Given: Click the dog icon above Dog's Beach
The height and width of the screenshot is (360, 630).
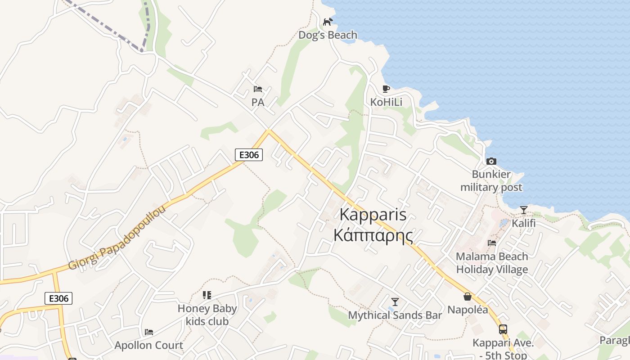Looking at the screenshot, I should (328, 22).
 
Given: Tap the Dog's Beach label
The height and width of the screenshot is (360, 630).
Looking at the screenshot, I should (328, 35).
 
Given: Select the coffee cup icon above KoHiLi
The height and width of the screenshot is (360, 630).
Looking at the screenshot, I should (386, 89).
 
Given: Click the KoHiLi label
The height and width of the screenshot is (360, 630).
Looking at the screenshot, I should (386, 102).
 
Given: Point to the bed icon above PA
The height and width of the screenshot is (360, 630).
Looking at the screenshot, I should (258, 89).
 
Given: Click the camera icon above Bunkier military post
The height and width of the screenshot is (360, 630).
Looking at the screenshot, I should (491, 161).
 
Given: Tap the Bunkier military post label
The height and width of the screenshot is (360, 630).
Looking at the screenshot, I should (491, 181).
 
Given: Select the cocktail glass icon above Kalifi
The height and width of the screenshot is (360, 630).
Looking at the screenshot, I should (524, 210).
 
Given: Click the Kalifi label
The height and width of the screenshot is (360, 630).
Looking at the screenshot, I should (524, 223).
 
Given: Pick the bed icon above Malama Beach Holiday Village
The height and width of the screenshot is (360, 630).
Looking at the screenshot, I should (492, 243).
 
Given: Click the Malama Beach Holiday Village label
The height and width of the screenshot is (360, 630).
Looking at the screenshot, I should (492, 263).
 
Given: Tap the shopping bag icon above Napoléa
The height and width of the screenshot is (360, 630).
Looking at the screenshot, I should (468, 297).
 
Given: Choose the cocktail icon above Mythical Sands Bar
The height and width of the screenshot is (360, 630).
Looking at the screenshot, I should (395, 301).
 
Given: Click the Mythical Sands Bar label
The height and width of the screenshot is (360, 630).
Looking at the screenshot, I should (395, 315).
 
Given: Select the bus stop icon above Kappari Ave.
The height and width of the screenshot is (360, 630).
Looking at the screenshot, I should (503, 329).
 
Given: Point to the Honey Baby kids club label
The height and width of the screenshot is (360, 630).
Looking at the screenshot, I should (207, 315).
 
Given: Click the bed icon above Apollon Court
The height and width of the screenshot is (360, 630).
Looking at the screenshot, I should (149, 332).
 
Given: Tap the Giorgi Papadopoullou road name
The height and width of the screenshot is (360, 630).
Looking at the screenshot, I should (117, 238).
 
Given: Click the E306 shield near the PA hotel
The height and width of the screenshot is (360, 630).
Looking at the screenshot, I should (249, 155).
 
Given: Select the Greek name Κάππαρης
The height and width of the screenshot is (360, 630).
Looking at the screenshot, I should (373, 235).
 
